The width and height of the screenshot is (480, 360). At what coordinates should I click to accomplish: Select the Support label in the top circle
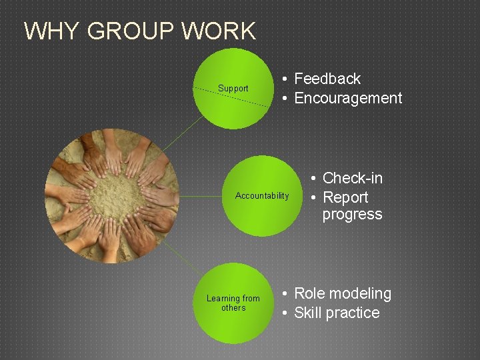pyautogui.click(x=233, y=89)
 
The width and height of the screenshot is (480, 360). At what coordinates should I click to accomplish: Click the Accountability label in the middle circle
pyautogui.click(x=262, y=196)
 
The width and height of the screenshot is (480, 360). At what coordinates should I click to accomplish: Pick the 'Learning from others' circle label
pyautogui.click(x=233, y=303)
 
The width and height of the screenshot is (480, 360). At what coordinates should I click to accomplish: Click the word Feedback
pyautogui.click(x=327, y=79)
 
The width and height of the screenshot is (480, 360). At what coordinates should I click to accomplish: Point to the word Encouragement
pyautogui.click(x=348, y=98)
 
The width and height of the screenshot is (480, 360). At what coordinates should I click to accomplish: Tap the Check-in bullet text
pyautogui.click(x=352, y=178)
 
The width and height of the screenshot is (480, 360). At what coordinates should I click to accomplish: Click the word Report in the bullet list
pyautogui.click(x=345, y=197)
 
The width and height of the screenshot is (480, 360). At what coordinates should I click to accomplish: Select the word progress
pyautogui.click(x=352, y=215)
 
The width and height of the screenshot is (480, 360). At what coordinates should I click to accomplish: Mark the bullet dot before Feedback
pyautogui.click(x=285, y=79)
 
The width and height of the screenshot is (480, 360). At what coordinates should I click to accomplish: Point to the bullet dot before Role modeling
pyautogui.click(x=285, y=294)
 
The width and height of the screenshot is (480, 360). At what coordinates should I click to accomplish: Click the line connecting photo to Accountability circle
pyautogui.click(x=201, y=196)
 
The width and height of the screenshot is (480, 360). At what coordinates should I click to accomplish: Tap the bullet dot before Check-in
pyautogui.click(x=313, y=179)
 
